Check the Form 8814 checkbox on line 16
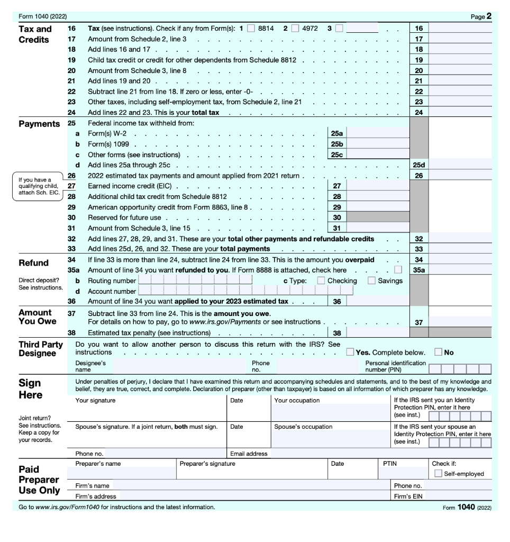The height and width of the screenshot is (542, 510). [x=252, y=29]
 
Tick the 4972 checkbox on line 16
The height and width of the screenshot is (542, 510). [x=295, y=29]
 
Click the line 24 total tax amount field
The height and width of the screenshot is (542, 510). [x=460, y=113]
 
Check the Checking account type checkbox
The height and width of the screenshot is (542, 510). [x=321, y=281]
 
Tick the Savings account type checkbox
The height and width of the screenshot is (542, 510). [x=371, y=281]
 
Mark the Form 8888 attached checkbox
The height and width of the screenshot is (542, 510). [x=405, y=270]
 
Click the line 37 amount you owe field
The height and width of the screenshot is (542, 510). [x=460, y=322]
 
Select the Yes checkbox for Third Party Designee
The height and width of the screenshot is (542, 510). [x=350, y=352]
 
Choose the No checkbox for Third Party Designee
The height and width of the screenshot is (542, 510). [x=438, y=352]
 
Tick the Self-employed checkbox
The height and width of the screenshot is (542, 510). [x=438, y=473]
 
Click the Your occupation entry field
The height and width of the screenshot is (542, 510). [x=331, y=411]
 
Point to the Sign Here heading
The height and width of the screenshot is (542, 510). [x=30, y=389]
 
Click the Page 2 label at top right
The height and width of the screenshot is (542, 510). [x=480, y=16]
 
